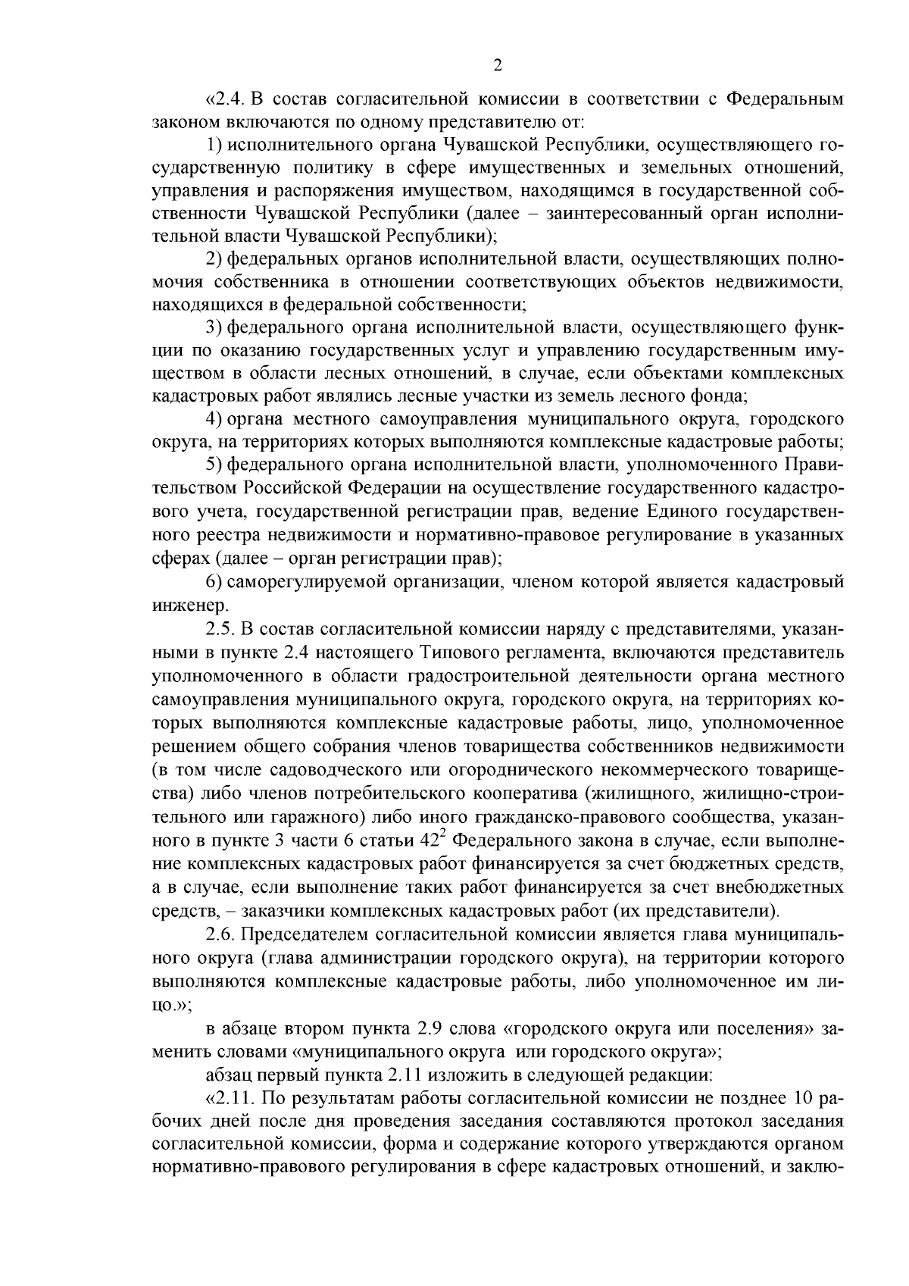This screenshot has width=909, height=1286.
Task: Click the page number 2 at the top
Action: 498,66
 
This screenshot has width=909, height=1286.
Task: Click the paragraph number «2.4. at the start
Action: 227,99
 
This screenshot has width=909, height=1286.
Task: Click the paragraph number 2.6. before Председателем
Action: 220,934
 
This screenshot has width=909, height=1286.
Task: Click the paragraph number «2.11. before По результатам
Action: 230,1097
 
